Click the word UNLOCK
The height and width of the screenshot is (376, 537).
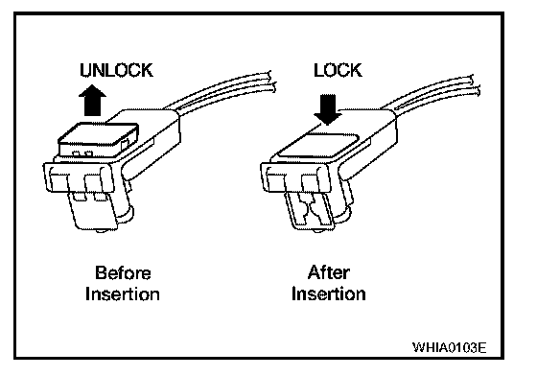(x=116, y=70)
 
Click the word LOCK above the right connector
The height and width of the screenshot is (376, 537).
(x=338, y=70)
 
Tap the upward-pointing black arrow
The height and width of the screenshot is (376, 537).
(x=92, y=100)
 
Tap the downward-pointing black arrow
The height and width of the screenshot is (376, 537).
(x=328, y=109)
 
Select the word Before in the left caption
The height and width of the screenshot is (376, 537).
(x=123, y=273)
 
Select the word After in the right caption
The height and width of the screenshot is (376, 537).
(x=328, y=273)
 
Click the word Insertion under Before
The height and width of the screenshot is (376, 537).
(x=123, y=294)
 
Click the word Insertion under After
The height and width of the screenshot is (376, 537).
(x=328, y=294)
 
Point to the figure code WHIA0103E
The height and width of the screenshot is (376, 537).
(x=450, y=347)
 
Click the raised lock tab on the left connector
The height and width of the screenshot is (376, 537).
(x=99, y=139)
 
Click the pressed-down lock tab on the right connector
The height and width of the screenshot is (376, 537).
(x=316, y=145)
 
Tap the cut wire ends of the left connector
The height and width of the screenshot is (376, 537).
(x=272, y=82)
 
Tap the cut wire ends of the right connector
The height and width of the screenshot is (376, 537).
(x=475, y=84)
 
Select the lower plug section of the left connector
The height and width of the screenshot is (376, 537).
(x=93, y=210)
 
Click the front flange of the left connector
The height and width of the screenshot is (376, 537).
(x=79, y=178)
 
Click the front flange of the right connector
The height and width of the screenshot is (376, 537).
(x=296, y=178)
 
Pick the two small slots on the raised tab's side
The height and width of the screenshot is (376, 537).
(x=82, y=153)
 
